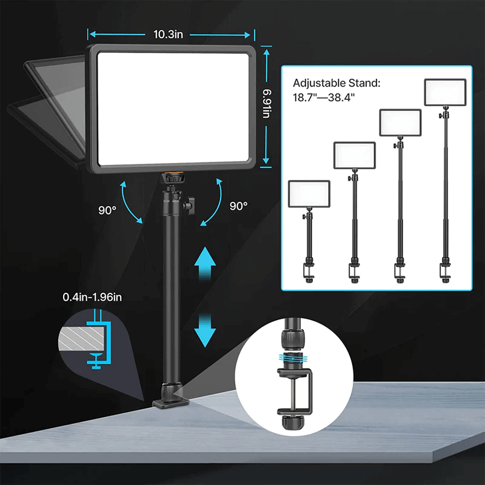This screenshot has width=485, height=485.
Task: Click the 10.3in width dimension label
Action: pos(169,35)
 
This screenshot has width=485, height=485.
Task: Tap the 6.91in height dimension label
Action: pos(267,106)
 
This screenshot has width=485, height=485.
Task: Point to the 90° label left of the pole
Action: pos(107,210)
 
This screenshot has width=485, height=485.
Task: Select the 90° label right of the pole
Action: pos(238,206)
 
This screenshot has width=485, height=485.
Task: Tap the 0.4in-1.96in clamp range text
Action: pos(92,297)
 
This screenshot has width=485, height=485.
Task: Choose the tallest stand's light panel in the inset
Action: pos(444,92)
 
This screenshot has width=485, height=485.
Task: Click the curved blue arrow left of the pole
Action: pos(132,199)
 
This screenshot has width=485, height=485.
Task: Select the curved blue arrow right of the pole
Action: pos(210,199)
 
